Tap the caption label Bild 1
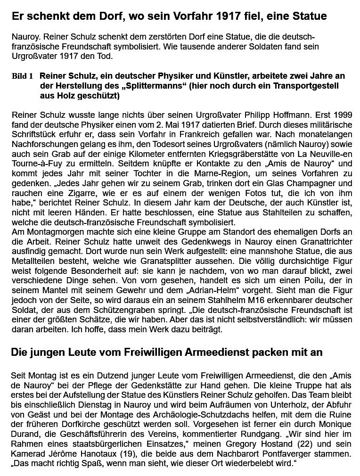coord(22,76)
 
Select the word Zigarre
coord(79,193)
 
